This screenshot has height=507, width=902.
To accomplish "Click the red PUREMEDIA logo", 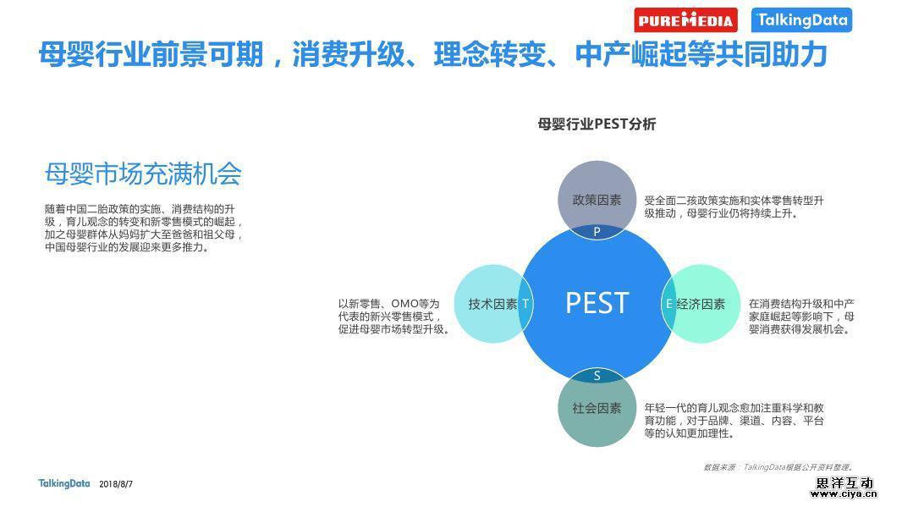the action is point(685,20).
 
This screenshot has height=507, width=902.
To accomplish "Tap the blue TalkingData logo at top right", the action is point(801,20).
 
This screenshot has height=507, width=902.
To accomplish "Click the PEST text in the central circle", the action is point(597,303).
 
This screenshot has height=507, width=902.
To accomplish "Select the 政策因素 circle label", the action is point(597,200).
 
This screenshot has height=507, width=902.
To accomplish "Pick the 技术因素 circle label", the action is point(492,304).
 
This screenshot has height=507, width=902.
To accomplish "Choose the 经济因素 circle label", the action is point(701,304).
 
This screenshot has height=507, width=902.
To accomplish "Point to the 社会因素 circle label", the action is point(597,408).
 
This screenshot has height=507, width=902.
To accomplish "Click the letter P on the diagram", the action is point(597,231).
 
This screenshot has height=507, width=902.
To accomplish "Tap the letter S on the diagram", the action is point(597,376).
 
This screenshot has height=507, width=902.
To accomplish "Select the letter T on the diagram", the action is point(525,304).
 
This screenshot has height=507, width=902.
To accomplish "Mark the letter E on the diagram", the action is point(668,304).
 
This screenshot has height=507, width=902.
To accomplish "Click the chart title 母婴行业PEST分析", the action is point(597,124).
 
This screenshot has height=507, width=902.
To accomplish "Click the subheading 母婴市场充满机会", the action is point(143,174).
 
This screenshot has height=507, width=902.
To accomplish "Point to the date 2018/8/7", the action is point(116,484).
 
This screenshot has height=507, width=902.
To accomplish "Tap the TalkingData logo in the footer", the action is point(64,483).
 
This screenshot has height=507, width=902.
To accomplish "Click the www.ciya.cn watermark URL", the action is point(844,493).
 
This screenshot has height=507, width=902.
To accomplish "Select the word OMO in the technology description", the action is point(405,303).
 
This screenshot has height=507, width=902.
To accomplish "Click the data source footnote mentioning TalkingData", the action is point(779,466).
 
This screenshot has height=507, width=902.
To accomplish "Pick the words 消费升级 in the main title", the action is point(349,54).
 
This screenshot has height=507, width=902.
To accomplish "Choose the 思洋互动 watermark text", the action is point(844,482).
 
